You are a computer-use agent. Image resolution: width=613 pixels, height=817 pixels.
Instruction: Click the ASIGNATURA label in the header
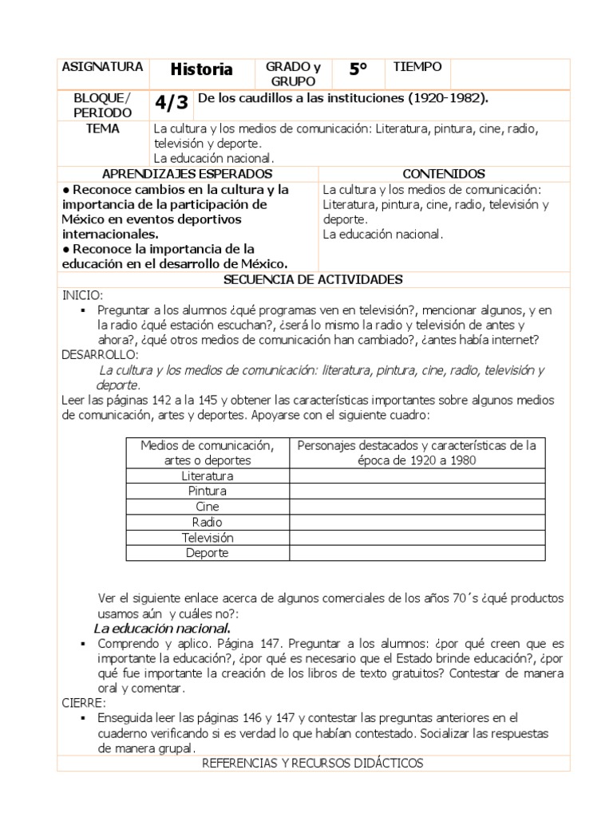(x=102, y=68)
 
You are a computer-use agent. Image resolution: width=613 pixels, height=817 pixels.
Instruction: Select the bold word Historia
(x=201, y=70)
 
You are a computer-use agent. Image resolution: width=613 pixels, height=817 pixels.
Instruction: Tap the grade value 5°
(x=358, y=70)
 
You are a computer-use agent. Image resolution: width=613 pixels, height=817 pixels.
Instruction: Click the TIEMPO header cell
(x=417, y=68)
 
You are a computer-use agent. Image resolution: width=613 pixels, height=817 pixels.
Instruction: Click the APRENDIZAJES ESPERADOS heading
(x=188, y=174)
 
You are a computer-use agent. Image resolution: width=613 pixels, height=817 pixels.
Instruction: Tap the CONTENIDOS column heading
(x=444, y=174)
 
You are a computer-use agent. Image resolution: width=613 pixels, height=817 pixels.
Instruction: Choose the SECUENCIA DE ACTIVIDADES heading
(x=313, y=279)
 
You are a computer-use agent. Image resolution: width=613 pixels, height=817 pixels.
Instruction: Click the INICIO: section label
(x=83, y=295)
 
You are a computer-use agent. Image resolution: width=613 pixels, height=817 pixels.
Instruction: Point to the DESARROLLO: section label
(x=100, y=354)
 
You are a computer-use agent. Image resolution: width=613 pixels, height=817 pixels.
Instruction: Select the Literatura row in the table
(x=208, y=476)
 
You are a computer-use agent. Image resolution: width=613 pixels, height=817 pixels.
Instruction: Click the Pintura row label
(x=208, y=491)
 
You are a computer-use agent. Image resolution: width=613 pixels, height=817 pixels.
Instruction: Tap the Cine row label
(x=208, y=507)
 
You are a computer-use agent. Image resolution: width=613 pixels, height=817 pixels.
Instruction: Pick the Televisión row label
(x=208, y=538)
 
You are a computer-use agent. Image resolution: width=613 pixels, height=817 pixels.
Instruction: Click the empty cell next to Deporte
(x=417, y=553)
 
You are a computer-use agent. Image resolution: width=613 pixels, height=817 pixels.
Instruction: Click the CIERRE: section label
(x=84, y=704)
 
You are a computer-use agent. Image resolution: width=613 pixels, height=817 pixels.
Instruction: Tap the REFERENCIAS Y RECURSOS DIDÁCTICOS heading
(x=313, y=764)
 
